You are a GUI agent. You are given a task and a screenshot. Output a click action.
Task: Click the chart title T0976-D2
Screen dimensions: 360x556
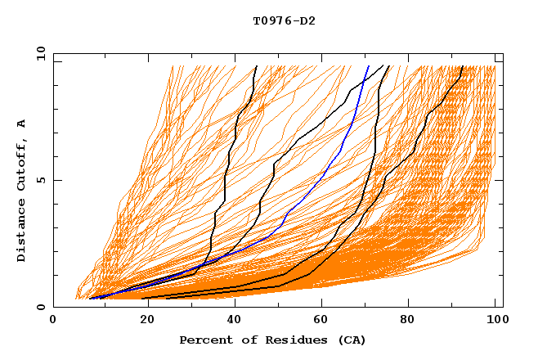coord(284,21)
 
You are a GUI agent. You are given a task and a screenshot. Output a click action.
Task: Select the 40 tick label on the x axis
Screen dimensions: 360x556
coord(235,321)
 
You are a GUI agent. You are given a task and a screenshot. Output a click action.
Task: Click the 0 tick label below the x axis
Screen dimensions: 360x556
coord(54,321)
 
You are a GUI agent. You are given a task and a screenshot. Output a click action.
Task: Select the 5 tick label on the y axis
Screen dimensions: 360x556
coord(38,180)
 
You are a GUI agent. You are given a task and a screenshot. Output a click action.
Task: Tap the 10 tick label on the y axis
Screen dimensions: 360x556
coord(38,53)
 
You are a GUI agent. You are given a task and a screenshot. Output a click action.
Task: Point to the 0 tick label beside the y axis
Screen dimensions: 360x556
coord(38,307)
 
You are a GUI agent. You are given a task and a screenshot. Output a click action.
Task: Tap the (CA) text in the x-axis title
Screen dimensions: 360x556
coord(352,340)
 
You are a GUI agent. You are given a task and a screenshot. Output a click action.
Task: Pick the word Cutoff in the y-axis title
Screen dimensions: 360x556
coord(22,161)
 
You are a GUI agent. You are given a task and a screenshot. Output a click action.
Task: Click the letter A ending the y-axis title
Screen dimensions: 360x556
coord(22,123)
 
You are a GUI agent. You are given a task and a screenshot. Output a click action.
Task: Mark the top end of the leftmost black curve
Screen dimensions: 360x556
coord(257,66)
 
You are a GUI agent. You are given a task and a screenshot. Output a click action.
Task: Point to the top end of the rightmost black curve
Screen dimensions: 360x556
coord(463,66)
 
